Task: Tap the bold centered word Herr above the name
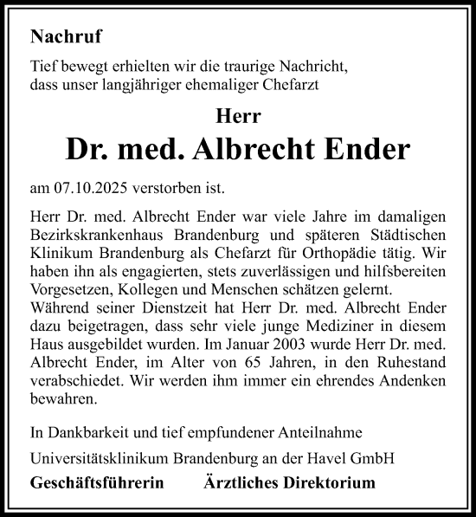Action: pyautogui.click(x=238, y=115)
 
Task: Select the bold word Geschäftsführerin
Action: pyautogui.click(x=90, y=481)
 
